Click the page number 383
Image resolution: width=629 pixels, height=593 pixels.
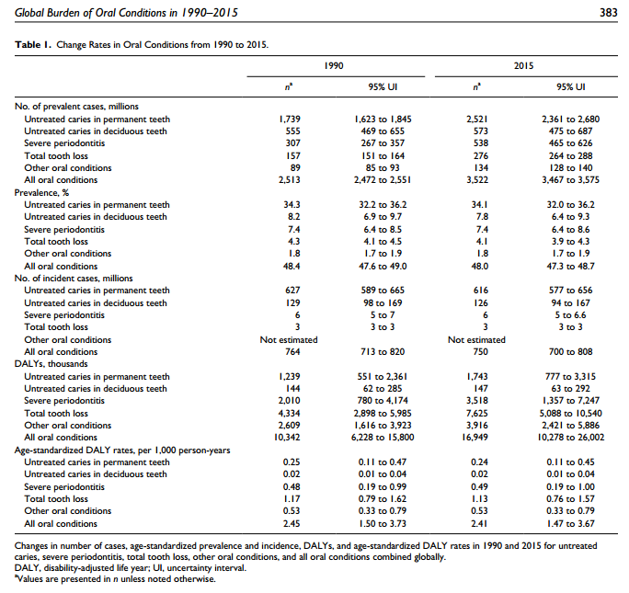click(609, 11)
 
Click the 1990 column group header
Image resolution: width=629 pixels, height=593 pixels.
click(336, 67)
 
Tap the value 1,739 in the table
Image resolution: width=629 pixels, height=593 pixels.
click(290, 120)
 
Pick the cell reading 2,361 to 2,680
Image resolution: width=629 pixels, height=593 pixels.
click(571, 120)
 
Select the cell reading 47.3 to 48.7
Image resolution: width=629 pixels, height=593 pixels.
click(571, 266)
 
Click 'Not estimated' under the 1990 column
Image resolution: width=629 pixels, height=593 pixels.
click(290, 339)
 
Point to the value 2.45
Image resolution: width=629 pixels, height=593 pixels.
click(290, 522)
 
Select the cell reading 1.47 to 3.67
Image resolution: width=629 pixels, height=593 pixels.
click(571, 522)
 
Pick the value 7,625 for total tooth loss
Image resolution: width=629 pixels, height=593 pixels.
click(476, 412)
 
